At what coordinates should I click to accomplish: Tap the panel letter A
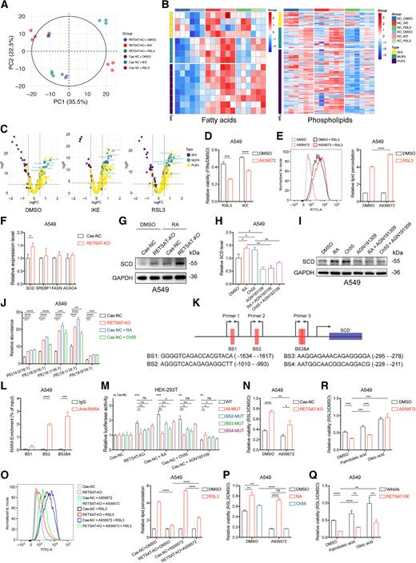(x=6, y=6)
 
